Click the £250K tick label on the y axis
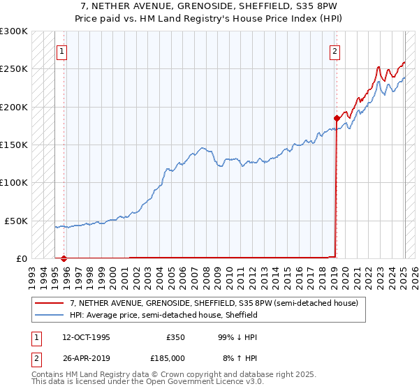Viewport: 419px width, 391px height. click(14, 69)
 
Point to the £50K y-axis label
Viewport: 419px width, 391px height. click(16, 221)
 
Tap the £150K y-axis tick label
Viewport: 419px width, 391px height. click(14, 145)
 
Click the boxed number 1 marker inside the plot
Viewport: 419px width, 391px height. click(62, 51)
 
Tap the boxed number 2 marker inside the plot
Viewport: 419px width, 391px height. click(335, 51)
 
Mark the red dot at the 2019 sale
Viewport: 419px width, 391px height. click(337, 118)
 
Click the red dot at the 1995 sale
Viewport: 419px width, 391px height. click(64, 258)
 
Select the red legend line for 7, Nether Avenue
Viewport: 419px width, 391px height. click(50, 304)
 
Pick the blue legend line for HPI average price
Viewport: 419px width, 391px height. click(50, 315)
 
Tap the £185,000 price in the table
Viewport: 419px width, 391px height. click(172, 358)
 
